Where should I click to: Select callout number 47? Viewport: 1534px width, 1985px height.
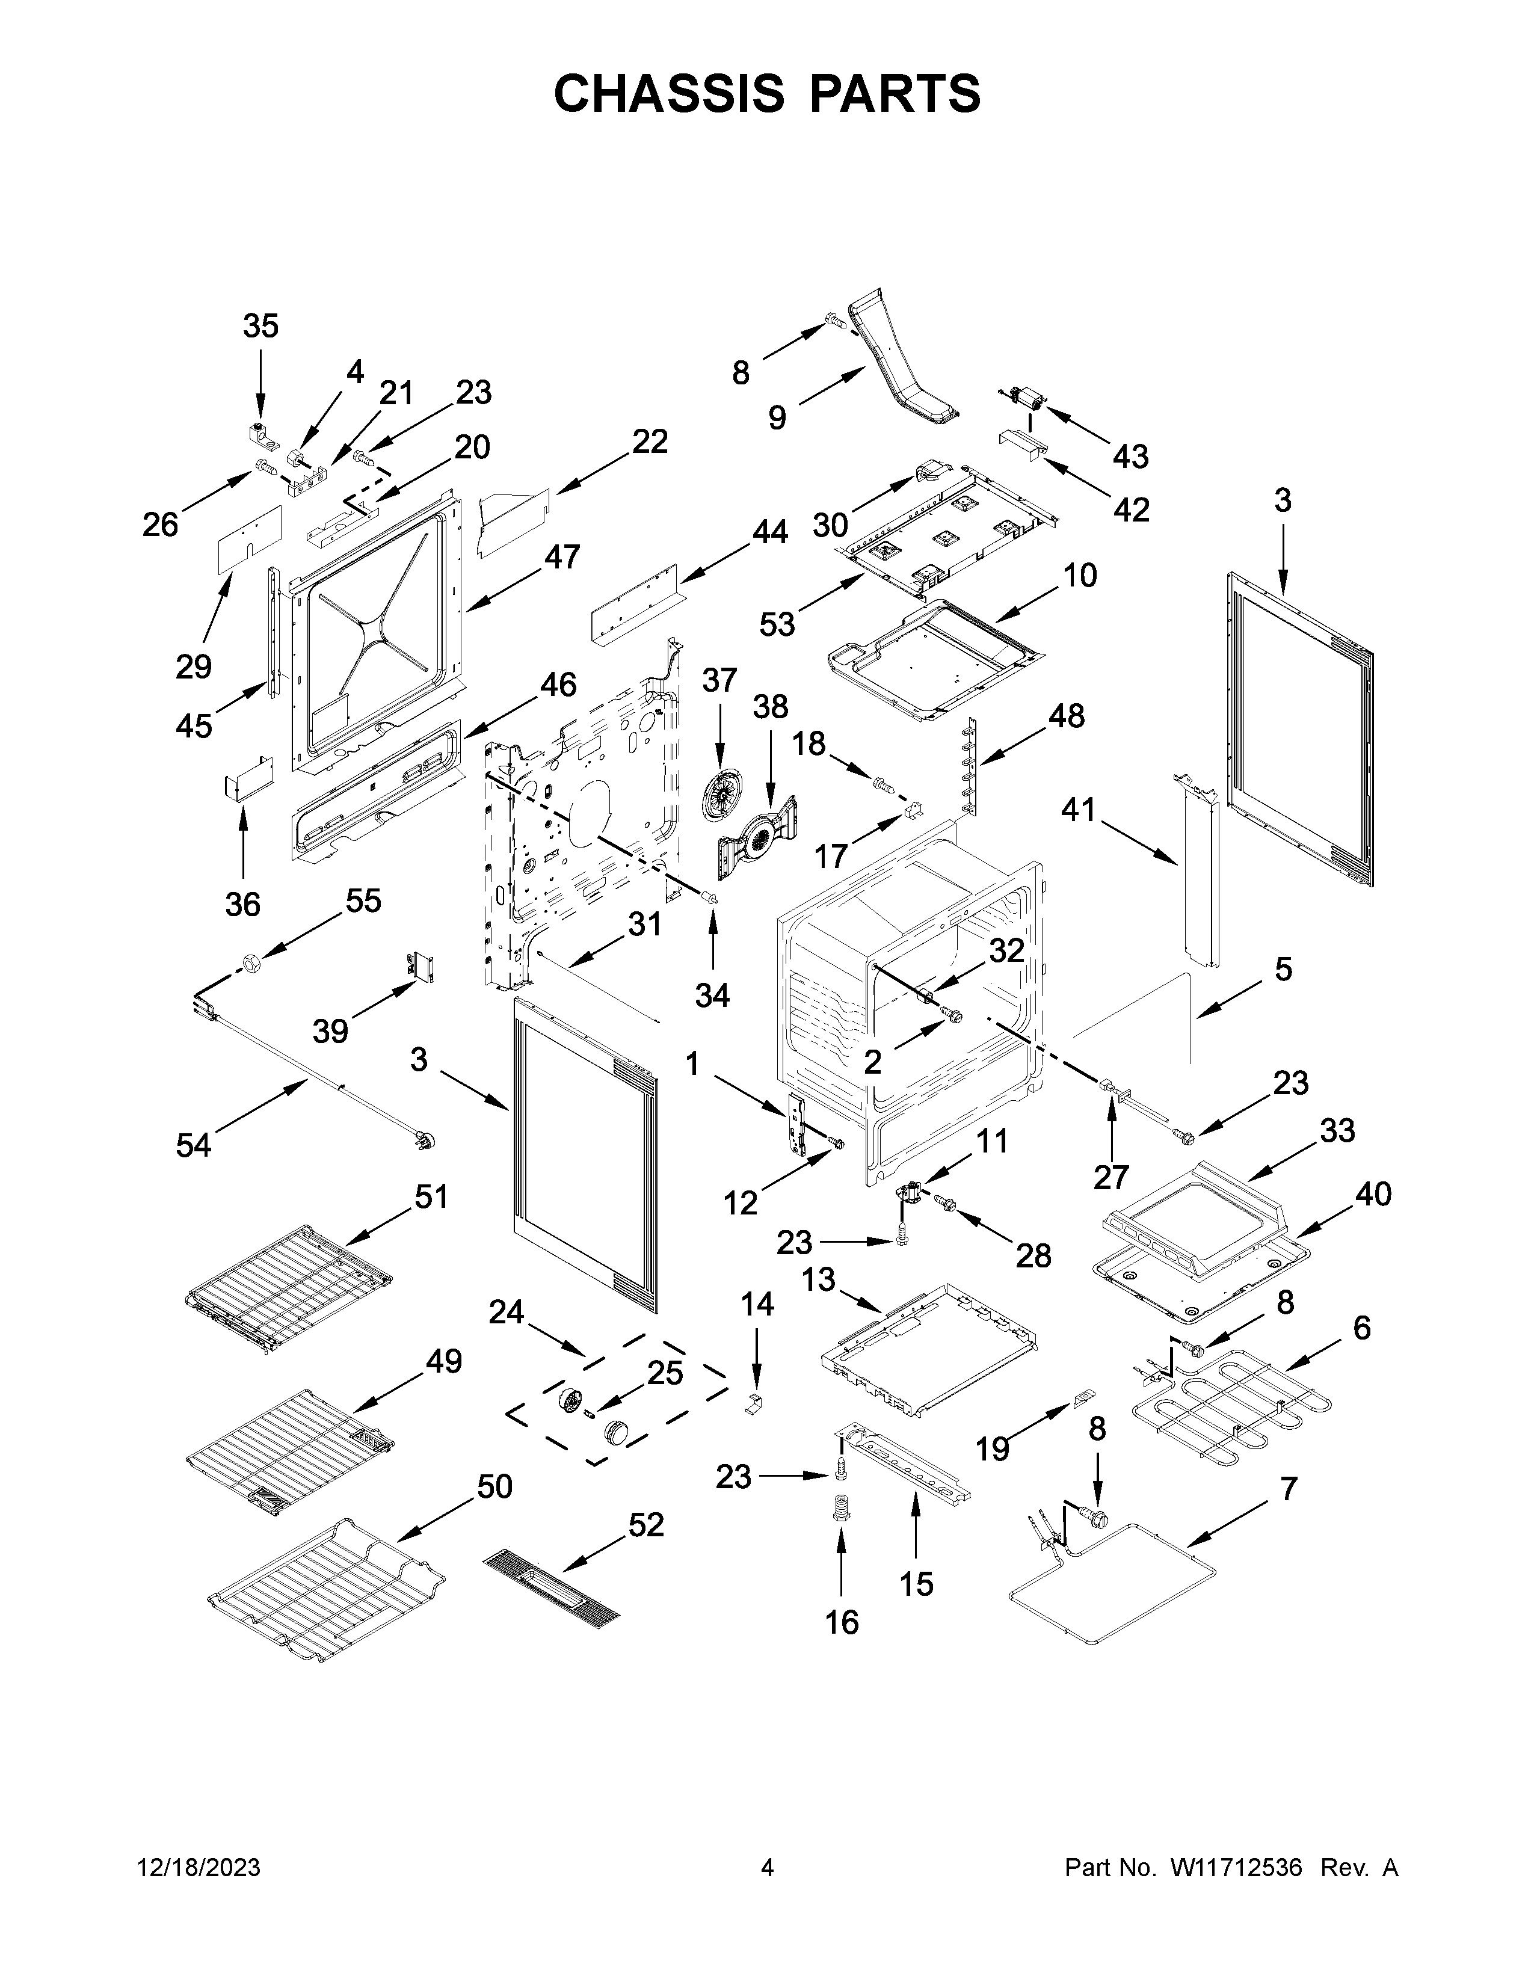[x=562, y=556]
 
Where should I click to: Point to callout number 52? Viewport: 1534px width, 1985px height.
[x=646, y=1524]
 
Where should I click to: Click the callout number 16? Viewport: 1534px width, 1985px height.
[x=842, y=1622]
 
